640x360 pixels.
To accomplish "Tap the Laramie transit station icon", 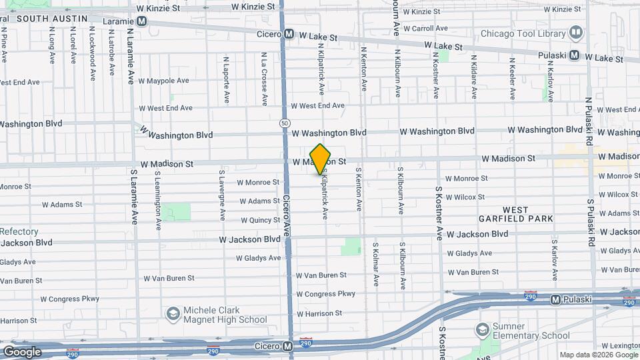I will coord(141,21).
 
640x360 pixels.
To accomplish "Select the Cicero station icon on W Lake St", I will coord(289,34).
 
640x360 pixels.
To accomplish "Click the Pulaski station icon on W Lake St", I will coord(574,55).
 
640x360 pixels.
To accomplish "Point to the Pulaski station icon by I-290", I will coord(555,299).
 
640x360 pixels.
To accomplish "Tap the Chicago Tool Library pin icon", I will coord(575,33).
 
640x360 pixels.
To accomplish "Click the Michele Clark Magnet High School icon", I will coord(173,314).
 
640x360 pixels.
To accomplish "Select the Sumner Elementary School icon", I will coord(482,329).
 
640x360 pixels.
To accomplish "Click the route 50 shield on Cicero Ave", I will coord(285,123).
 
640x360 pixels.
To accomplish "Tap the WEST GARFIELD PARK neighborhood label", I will coord(525,214).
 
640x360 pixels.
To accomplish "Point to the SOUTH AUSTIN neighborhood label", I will coord(52,19).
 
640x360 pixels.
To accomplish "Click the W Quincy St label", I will coord(260,220).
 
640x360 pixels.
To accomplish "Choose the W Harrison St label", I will coord(319,313).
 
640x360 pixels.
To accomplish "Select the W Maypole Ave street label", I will coord(164,81).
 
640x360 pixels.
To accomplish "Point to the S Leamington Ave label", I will coord(157,195).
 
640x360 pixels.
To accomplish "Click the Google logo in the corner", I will coord(22,352).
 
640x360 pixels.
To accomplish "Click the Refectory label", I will coord(19,231).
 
